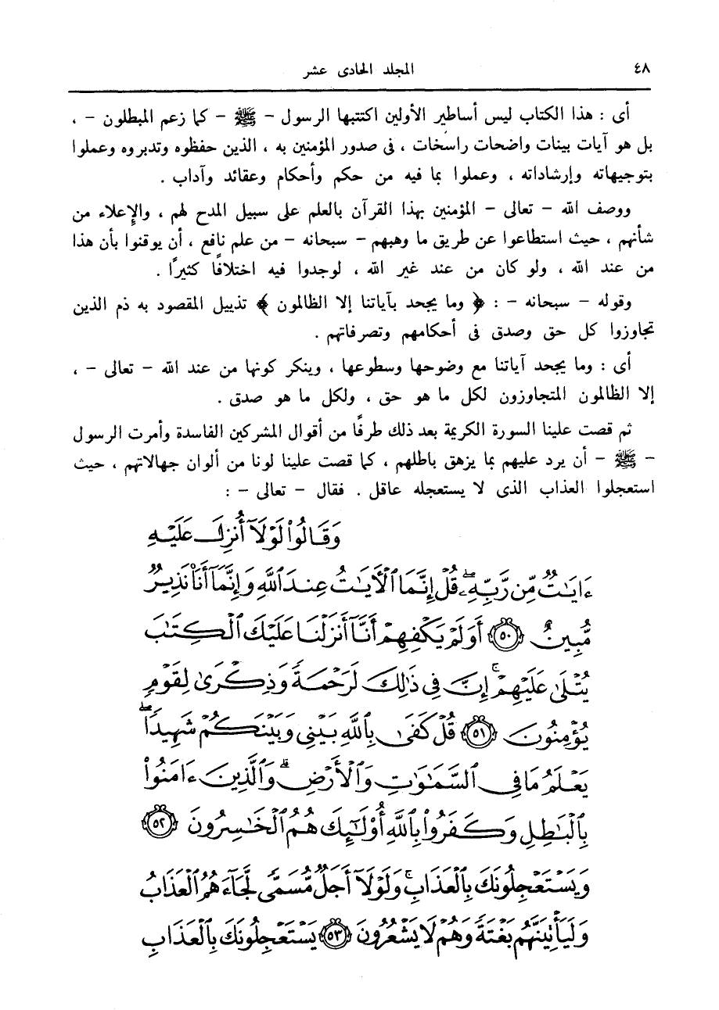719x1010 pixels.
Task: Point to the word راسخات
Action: [x=415, y=146]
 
